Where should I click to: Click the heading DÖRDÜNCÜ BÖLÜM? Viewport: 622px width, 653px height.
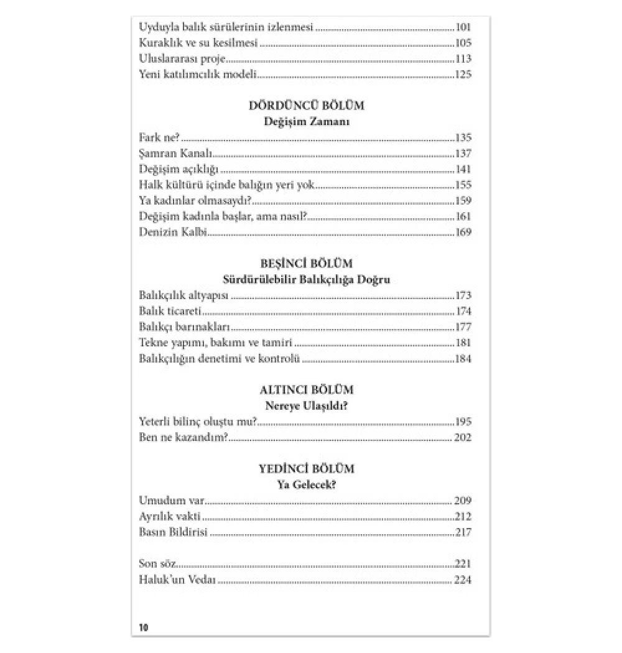306,106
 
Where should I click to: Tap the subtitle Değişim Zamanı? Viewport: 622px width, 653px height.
306,122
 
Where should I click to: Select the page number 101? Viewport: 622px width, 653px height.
463,27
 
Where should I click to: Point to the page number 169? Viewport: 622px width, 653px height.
463,232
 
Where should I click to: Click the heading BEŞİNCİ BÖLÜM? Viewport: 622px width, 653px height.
306,264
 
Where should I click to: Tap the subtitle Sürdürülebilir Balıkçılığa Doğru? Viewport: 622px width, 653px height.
306,280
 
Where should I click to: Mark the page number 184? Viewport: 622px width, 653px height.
463,359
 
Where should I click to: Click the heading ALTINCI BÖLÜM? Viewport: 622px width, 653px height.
306,391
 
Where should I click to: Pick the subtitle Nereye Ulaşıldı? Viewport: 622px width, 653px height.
306,407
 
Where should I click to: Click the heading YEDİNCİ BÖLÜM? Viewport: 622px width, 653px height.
306,469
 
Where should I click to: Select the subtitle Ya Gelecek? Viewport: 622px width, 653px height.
306,485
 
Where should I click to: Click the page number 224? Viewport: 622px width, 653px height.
463,580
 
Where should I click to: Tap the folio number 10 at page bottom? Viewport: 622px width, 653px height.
144,627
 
